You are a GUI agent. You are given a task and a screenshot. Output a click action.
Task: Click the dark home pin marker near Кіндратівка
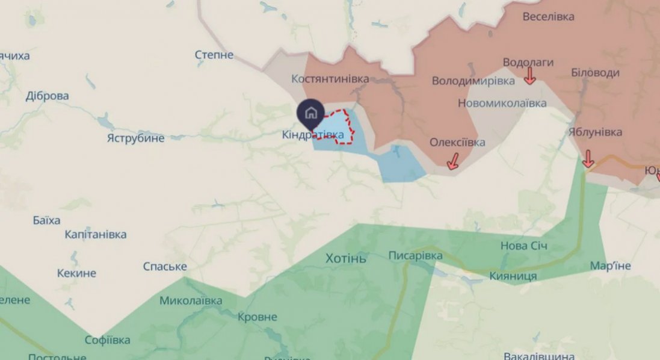(310, 112)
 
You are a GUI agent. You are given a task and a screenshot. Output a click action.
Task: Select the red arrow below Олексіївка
(452, 161)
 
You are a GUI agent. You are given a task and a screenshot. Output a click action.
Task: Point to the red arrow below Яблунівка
(588, 160)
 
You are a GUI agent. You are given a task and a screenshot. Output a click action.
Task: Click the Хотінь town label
(345, 259)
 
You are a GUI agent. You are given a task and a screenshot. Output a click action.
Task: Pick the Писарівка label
(415, 256)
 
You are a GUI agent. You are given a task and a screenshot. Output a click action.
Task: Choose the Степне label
(214, 55)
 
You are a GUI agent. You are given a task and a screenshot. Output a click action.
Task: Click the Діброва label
(48, 96)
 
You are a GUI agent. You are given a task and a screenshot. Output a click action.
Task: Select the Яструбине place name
(135, 138)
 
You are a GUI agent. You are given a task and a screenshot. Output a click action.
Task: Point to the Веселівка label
(548, 16)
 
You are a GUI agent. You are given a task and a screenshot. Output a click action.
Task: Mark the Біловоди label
(595, 73)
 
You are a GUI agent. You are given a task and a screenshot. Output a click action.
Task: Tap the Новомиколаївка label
(502, 103)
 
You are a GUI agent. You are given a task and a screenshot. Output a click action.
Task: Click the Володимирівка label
(473, 80)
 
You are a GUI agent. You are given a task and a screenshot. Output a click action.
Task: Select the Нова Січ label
(524, 246)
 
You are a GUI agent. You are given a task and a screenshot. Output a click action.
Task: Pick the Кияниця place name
(513, 276)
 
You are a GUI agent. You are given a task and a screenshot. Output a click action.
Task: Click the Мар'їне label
(610, 265)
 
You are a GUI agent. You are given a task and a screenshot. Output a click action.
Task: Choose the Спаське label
(165, 266)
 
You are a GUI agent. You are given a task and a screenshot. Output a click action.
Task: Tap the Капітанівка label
(96, 234)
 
